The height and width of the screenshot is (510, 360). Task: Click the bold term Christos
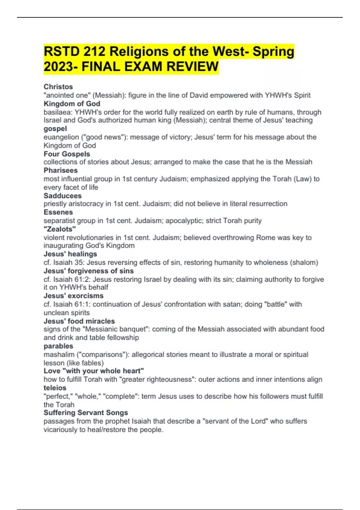point(58,87)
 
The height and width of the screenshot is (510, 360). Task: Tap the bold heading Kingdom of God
point(72,104)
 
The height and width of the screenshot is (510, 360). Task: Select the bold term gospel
point(55,129)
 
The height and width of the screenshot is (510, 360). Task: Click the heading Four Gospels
point(67,154)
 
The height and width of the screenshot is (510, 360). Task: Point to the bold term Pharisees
point(61,170)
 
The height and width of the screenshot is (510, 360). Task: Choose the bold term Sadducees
point(62,196)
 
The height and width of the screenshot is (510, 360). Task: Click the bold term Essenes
point(58,212)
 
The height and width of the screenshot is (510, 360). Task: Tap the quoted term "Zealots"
point(60,229)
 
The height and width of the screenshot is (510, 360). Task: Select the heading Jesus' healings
point(70,254)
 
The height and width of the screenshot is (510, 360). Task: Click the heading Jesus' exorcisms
point(73,296)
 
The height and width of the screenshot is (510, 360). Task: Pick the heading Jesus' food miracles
point(79,321)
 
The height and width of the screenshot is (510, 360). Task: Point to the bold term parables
point(58,346)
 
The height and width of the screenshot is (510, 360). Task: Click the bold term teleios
point(55,388)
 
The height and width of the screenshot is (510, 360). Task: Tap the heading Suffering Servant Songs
point(86,412)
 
